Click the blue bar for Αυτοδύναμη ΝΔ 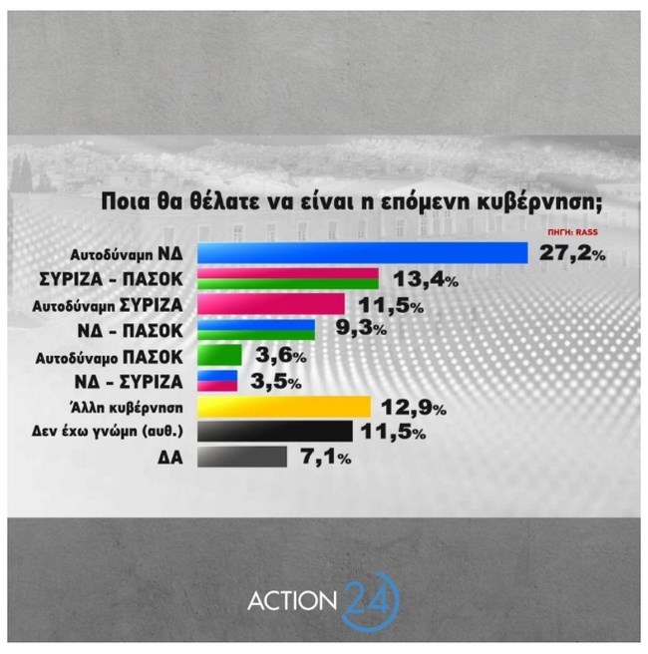pos(363,253)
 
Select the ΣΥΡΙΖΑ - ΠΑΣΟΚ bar pos(288,278)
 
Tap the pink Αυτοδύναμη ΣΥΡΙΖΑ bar pos(271,303)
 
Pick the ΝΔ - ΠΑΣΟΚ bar pos(256,329)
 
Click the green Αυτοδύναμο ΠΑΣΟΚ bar pos(219,355)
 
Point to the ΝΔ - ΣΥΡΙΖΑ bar pos(218,380)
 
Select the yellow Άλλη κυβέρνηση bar pos(284,407)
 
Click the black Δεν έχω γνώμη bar pos(275,432)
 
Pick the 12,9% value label pos(412,408)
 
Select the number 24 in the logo pos(370,601)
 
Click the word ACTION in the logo pos(293,602)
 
